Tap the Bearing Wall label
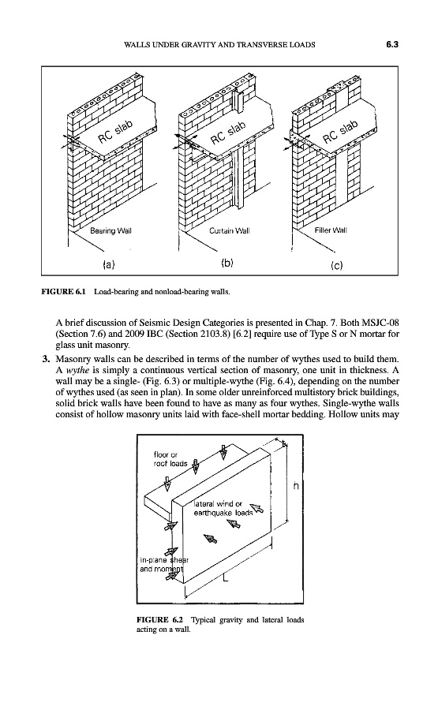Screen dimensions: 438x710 click(110, 230)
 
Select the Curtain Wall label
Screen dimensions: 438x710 click(229, 230)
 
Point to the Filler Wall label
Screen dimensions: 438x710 click(331, 230)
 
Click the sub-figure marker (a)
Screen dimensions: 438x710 click(109, 263)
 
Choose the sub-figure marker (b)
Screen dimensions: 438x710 click(227, 263)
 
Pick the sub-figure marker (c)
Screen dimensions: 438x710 click(337, 265)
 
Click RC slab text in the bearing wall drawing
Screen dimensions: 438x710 click(115, 131)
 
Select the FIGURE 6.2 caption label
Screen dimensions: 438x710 click(159, 619)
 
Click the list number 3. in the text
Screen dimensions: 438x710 click(45, 360)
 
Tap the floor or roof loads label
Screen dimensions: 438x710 click(170, 459)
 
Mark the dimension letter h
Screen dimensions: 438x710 click(296, 486)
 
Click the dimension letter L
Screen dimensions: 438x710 click(226, 579)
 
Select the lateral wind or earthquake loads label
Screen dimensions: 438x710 click(223, 509)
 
